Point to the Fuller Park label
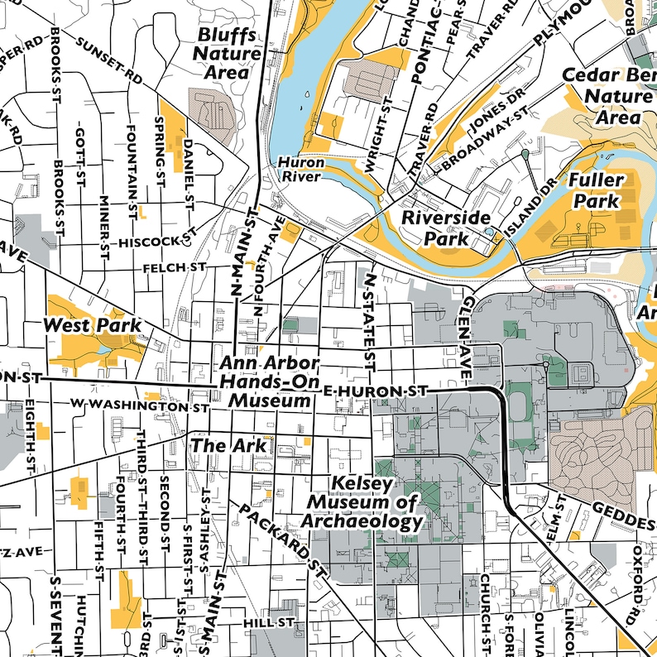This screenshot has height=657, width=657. click(593, 190)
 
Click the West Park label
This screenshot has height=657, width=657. click(92, 325)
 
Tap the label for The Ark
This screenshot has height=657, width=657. click(229, 445)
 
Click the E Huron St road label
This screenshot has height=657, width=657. click(376, 390)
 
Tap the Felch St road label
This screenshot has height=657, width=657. click(174, 268)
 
